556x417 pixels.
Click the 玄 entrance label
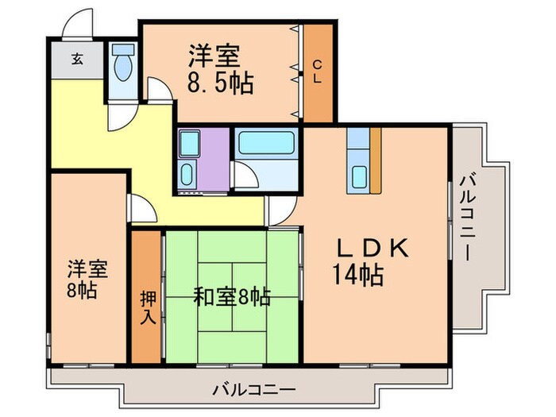(77, 58)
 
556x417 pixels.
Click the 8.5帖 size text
(221, 83)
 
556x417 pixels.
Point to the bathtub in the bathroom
(266, 144)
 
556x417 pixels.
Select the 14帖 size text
(358, 276)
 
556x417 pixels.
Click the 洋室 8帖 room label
(82, 277)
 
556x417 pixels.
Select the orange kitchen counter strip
(376, 160)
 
